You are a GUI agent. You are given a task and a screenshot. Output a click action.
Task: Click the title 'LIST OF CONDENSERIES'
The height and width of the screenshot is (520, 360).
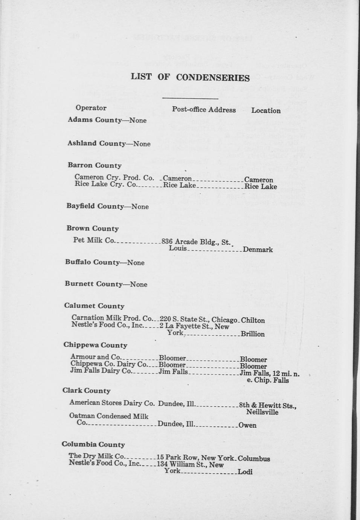pyautogui.click(x=190, y=77)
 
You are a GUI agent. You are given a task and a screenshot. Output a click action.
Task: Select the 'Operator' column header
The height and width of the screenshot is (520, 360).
pyautogui.click(x=91, y=108)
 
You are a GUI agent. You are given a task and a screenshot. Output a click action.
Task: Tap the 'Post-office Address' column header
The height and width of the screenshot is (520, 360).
pyautogui.click(x=204, y=110)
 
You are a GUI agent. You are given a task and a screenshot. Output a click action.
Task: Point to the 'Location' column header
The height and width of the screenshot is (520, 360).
pyautogui.click(x=266, y=110)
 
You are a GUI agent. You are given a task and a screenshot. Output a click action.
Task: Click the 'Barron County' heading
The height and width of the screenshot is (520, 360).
pyautogui.click(x=95, y=165)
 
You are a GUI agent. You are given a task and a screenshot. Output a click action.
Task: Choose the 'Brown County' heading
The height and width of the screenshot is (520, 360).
pyautogui.click(x=93, y=228)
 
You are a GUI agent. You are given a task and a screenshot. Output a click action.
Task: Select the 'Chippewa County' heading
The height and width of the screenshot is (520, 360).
pyautogui.click(x=95, y=345)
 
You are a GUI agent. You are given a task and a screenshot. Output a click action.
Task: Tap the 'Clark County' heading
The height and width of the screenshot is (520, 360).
pyautogui.click(x=86, y=391)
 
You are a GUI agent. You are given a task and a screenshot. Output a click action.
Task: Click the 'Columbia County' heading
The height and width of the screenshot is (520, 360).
pyautogui.click(x=93, y=445)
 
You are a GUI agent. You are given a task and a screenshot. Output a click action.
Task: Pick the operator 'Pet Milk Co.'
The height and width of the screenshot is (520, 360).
pyautogui.click(x=94, y=240)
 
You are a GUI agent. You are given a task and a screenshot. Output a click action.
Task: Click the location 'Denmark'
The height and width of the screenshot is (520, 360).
pyautogui.click(x=258, y=249)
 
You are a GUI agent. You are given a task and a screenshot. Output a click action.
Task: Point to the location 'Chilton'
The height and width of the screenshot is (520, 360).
pyautogui.click(x=253, y=320)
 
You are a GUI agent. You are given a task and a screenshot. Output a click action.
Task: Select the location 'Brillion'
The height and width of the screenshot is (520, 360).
pyautogui.click(x=253, y=334)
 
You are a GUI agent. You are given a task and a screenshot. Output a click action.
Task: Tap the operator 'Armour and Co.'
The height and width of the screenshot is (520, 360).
pyautogui.click(x=95, y=357)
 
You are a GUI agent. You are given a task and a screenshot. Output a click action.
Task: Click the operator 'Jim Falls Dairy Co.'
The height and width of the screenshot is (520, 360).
pyautogui.click(x=101, y=371)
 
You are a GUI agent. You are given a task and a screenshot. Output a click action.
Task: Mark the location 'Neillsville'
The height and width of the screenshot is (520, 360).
pyautogui.click(x=262, y=412)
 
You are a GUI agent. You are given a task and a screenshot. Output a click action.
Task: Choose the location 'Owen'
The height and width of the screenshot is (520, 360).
pyautogui.click(x=247, y=425)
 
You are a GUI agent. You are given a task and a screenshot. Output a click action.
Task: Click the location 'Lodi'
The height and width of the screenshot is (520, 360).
pyautogui.click(x=245, y=472)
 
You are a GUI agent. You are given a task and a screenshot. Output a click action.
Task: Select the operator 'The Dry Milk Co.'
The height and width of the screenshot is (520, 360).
pyautogui.click(x=96, y=456)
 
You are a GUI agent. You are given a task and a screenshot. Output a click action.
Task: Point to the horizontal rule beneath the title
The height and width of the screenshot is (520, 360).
pyautogui.click(x=190, y=99)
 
